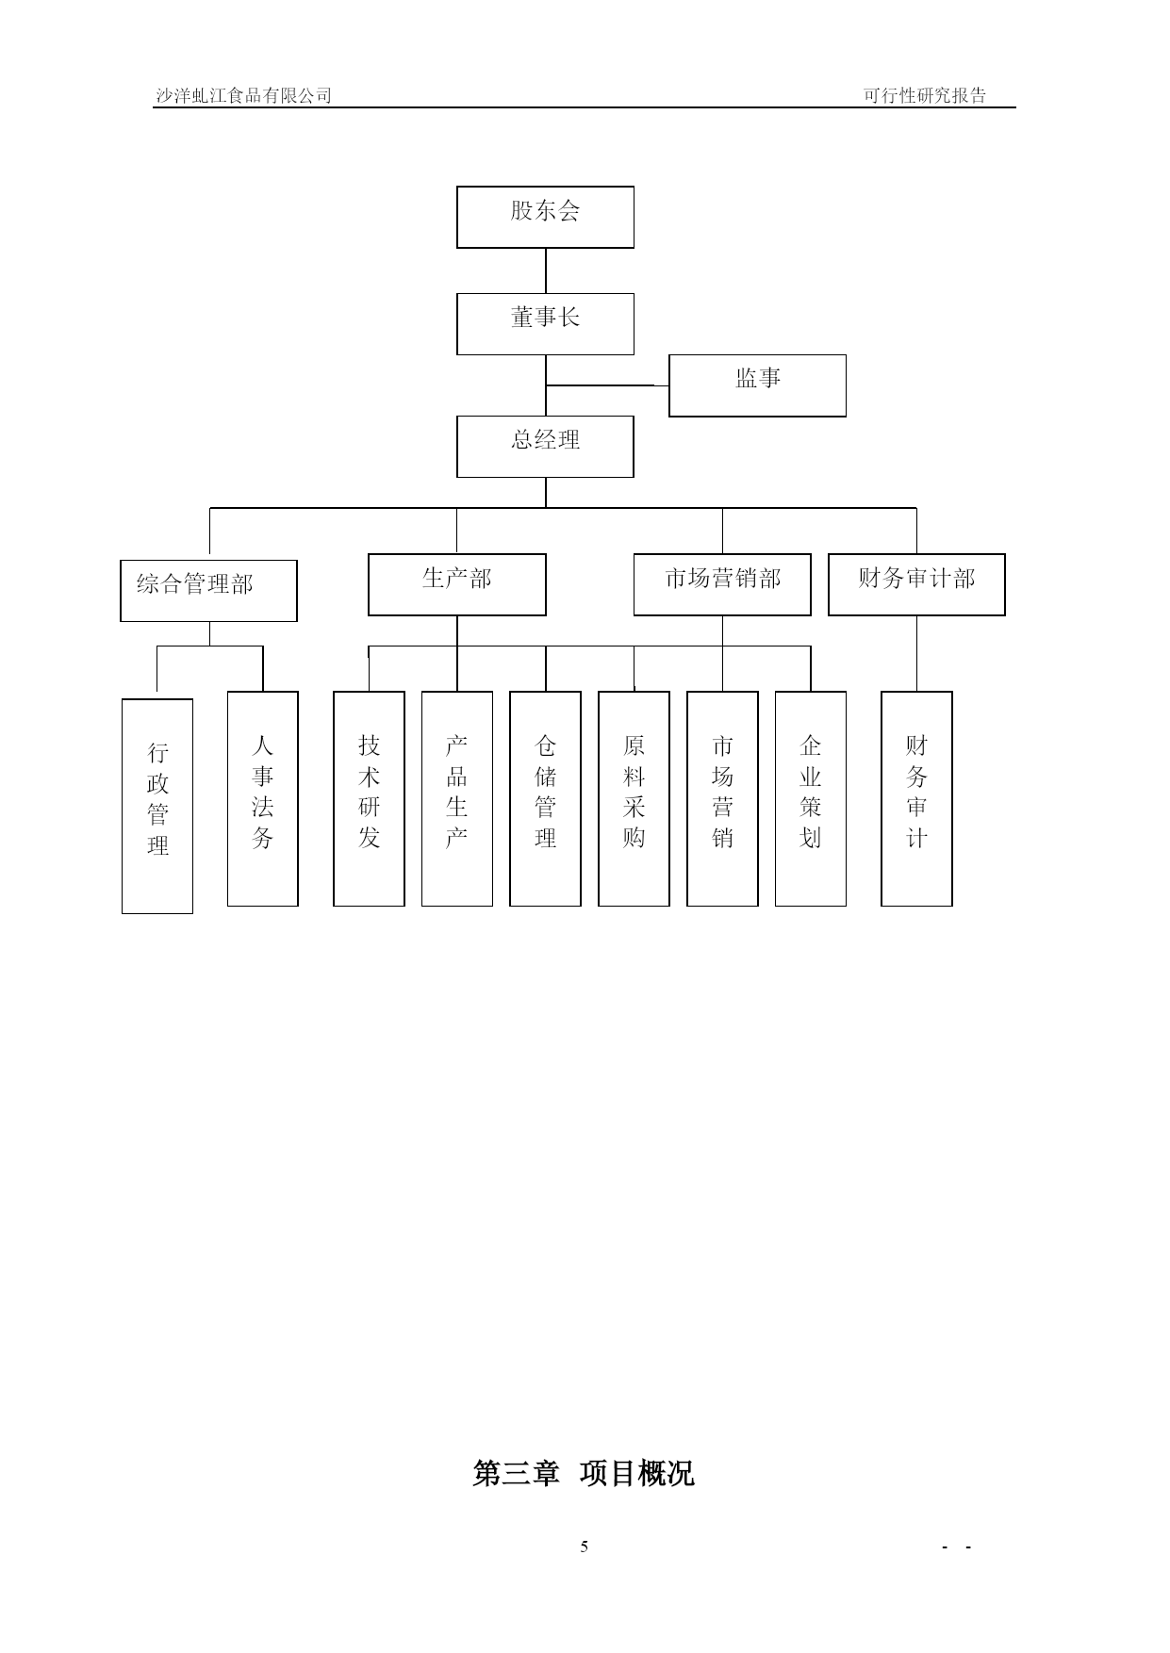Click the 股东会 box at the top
pyautogui.click(x=545, y=217)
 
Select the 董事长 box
pyautogui.click(x=545, y=324)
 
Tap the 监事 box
pyautogui.click(x=757, y=385)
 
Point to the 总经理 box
pyautogui.click(x=545, y=447)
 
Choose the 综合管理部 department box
pyautogui.click(x=208, y=591)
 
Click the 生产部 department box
pyautogui.click(x=456, y=584)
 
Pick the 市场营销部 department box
pyautogui.click(x=722, y=584)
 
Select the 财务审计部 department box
pyautogui.click(x=916, y=584)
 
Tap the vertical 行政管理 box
pyautogui.click(x=157, y=806)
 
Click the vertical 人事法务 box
pyautogui.click(x=263, y=799)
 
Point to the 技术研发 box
pyautogui.click(x=369, y=799)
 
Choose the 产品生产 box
pyautogui.click(x=457, y=799)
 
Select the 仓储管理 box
pyautogui.click(x=545, y=799)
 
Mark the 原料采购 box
pyautogui.click(x=634, y=799)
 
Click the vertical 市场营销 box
pyautogui.click(x=722, y=799)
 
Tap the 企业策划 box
pyautogui.click(x=811, y=799)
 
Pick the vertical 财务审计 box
pyautogui.click(x=916, y=799)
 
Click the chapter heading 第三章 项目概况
pyautogui.click(x=584, y=1472)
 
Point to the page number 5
pyautogui.click(x=585, y=1547)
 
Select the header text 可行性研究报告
pyautogui.click(x=925, y=95)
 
